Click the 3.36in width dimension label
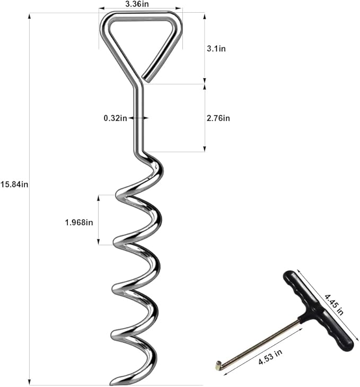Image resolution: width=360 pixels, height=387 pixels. coord(141,4)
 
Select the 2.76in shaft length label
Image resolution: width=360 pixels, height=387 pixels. coord(217,118)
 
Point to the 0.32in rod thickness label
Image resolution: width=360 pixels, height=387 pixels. coord(115,118)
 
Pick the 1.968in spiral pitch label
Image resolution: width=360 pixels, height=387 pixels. coord(79,222)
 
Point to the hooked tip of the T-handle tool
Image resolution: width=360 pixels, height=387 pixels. coord(218,364)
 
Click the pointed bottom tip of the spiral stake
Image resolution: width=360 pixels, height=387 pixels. coord(112,383)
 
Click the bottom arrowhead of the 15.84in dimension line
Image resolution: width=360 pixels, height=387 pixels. coord(29,383)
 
